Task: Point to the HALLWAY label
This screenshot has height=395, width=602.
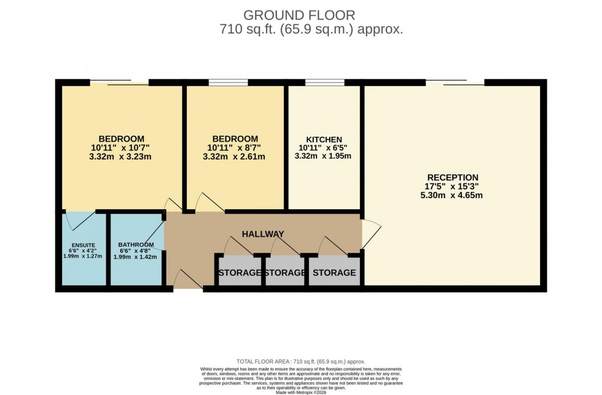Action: (263, 234)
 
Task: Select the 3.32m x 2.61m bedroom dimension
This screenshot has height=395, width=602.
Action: (235, 156)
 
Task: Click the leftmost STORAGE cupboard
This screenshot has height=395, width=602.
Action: (240, 272)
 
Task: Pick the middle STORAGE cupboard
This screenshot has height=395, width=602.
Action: (285, 272)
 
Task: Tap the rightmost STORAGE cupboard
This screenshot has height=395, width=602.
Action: (333, 272)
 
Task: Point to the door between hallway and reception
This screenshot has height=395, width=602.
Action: (372, 234)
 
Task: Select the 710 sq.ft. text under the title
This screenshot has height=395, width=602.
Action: (311, 29)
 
